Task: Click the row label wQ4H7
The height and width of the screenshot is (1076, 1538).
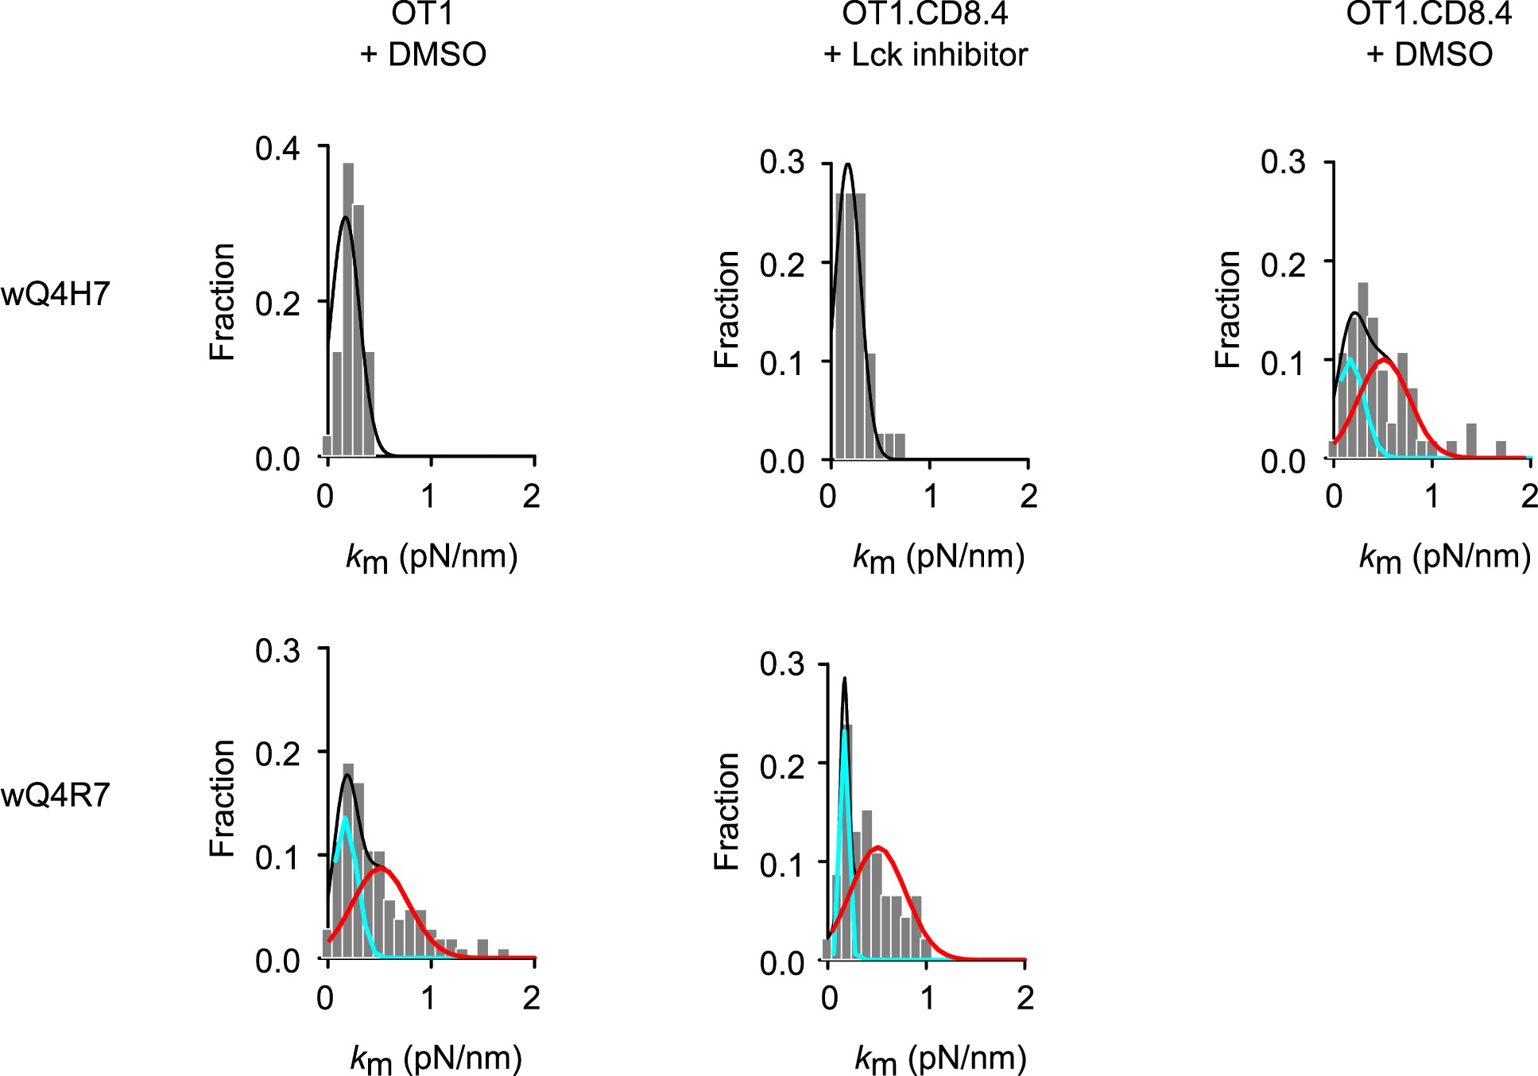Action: pos(55,295)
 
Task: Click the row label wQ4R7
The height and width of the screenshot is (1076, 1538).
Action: pos(55,795)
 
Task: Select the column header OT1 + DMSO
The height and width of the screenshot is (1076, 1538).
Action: pos(423,34)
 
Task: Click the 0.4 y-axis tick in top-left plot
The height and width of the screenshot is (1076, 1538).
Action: pos(277,149)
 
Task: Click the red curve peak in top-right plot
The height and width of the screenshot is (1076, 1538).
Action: pos(1385,360)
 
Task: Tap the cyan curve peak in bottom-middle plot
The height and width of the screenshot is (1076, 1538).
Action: pos(844,730)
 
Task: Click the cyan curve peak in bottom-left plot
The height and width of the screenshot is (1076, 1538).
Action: pos(345,818)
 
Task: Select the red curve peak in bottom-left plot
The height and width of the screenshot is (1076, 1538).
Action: pos(382,868)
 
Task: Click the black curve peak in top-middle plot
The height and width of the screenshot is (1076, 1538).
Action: pos(848,164)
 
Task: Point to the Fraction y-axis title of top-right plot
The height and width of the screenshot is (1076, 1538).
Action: pos(1228,309)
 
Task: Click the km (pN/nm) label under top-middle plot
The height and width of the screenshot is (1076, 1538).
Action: pos(939,558)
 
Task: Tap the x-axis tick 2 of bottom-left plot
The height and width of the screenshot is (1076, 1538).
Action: pos(532,998)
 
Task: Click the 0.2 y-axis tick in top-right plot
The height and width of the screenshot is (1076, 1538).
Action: pos(1283,263)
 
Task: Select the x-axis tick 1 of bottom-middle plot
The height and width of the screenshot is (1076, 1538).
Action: pos(928,998)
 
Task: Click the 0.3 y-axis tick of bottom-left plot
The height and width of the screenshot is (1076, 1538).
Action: pos(277,651)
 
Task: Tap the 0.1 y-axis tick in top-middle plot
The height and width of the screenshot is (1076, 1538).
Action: pos(782,363)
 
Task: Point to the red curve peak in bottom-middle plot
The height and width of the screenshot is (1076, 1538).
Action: pos(877,847)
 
